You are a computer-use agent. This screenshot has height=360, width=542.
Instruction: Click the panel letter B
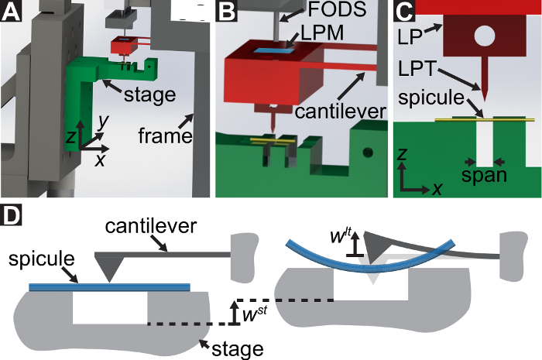pyautogui.click(x=226, y=11)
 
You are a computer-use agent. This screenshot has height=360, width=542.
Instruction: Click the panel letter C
pyautogui.click(x=403, y=11)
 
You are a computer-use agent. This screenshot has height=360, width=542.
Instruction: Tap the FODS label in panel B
pyautogui.click(x=337, y=9)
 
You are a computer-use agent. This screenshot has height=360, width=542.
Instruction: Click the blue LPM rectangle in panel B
pyautogui.click(x=274, y=51)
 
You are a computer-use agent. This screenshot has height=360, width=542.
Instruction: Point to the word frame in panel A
pyautogui.click(x=165, y=135)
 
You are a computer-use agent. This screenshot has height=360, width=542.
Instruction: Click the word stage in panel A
pyautogui.click(x=149, y=95)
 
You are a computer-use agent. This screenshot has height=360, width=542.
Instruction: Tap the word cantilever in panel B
pyautogui.click(x=341, y=111)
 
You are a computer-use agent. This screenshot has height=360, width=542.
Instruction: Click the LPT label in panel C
pyautogui.click(x=417, y=69)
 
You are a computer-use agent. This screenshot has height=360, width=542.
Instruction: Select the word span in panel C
pyautogui.click(x=484, y=176)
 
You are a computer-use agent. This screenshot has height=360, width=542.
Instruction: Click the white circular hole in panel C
pyautogui.click(x=485, y=36)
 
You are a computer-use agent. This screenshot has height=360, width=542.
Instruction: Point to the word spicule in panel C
pyautogui.click(x=431, y=98)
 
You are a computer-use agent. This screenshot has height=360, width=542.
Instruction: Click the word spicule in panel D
pyautogui.click(x=42, y=259)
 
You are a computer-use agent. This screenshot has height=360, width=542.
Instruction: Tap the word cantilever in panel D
pyautogui.click(x=151, y=226)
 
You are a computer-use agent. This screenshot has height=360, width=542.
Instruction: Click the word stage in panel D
pyautogui.click(x=238, y=349)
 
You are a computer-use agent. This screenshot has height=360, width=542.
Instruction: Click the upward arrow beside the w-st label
pyautogui.click(x=235, y=313)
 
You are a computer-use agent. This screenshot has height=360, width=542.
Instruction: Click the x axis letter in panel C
pyautogui.click(x=437, y=189)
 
